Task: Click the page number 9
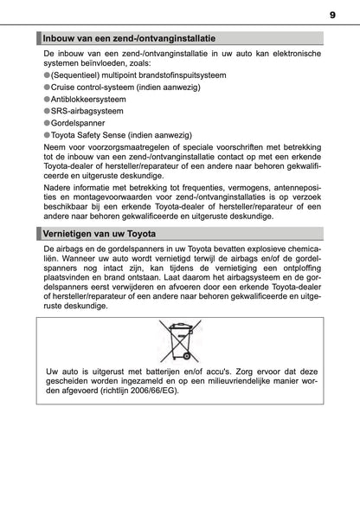[x=332, y=14]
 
